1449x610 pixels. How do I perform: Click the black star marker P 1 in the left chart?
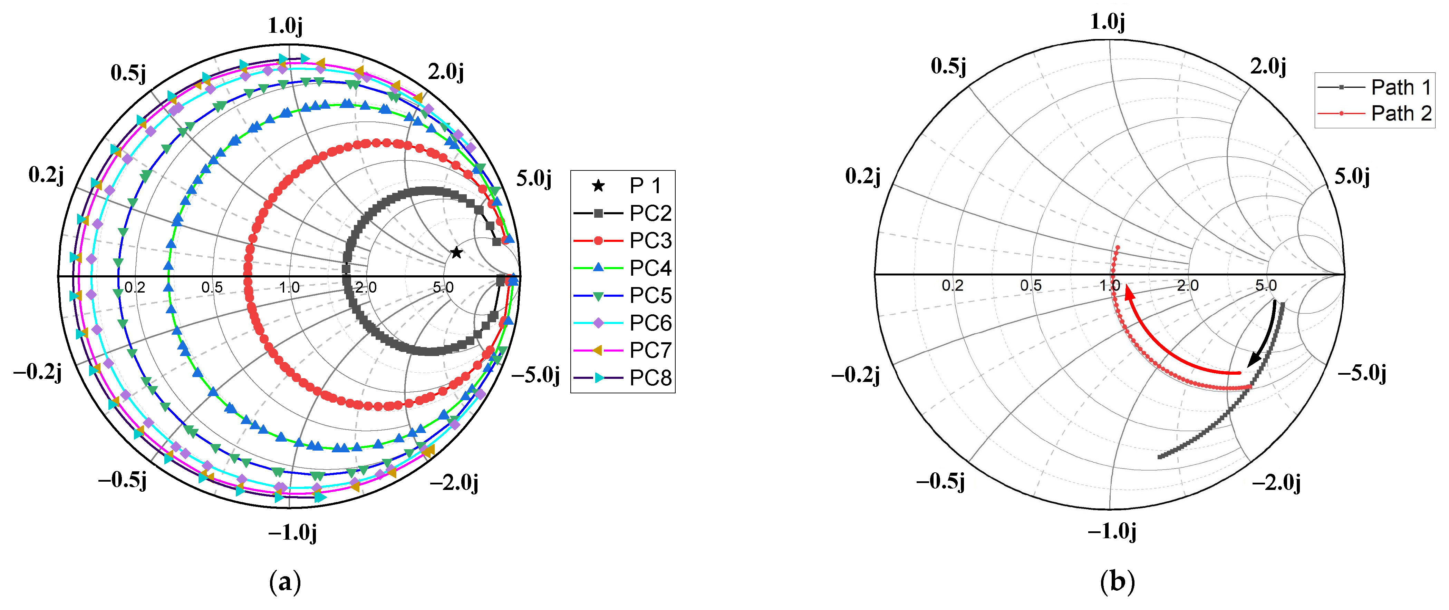coord(456,253)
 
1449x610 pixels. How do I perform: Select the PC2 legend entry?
coord(623,213)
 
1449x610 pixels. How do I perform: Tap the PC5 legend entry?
coord(623,295)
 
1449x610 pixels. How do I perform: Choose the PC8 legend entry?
coord(623,378)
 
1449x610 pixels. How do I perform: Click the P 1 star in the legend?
coord(599,186)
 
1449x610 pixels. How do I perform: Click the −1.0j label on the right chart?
coord(1111,531)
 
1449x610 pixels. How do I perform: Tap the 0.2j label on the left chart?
coord(46,175)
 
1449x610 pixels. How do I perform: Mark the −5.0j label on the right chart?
coord(1362,373)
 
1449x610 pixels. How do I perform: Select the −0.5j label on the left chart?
coord(123,480)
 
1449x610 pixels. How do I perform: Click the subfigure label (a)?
coord(285,582)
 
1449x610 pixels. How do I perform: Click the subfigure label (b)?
coord(1117,582)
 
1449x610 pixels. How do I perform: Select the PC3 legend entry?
coord(623,240)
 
